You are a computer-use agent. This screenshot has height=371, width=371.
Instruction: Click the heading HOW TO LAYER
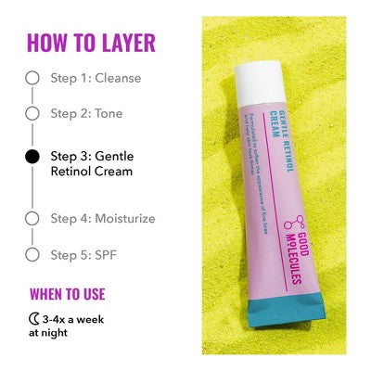[x=91, y=43]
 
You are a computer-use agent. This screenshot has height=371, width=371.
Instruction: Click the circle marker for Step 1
[x=33, y=78]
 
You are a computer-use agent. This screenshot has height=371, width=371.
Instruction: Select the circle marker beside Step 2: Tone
[x=33, y=113]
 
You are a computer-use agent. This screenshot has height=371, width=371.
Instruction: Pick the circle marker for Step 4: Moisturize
[x=33, y=218]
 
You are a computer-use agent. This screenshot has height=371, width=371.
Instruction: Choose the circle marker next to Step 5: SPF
[x=33, y=253]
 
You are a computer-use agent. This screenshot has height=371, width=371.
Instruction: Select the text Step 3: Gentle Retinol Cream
[x=91, y=164]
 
